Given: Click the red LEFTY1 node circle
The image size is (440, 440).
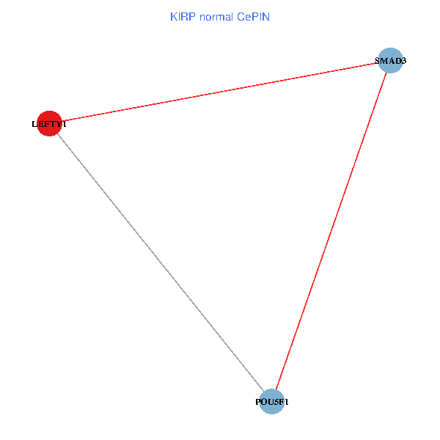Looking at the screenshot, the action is (x=48, y=123).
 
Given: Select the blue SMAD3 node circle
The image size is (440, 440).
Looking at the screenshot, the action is (x=390, y=60).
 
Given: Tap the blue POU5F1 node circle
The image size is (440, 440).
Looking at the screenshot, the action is (x=271, y=402).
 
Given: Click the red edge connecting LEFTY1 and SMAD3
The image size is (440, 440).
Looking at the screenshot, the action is (x=220, y=92).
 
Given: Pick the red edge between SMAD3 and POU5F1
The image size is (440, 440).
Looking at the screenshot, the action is (x=331, y=231).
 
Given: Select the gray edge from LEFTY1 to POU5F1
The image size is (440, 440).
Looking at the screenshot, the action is (x=160, y=263).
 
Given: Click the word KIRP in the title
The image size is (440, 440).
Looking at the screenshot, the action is (x=183, y=16).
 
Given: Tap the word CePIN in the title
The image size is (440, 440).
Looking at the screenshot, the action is (x=254, y=16).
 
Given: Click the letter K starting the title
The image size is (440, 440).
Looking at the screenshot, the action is (x=173, y=16).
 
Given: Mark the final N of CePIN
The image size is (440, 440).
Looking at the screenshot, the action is (x=267, y=16).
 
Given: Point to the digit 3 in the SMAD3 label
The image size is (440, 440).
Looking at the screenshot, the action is (x=403, y=61).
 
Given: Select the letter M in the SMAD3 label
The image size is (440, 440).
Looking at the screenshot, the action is (x=384, y=61).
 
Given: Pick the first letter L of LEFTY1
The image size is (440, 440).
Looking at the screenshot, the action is (x=34, y=124).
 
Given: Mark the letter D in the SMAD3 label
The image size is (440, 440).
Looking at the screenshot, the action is (x=397, y=61).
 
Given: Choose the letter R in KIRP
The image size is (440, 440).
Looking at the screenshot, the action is (x=185, y=16).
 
